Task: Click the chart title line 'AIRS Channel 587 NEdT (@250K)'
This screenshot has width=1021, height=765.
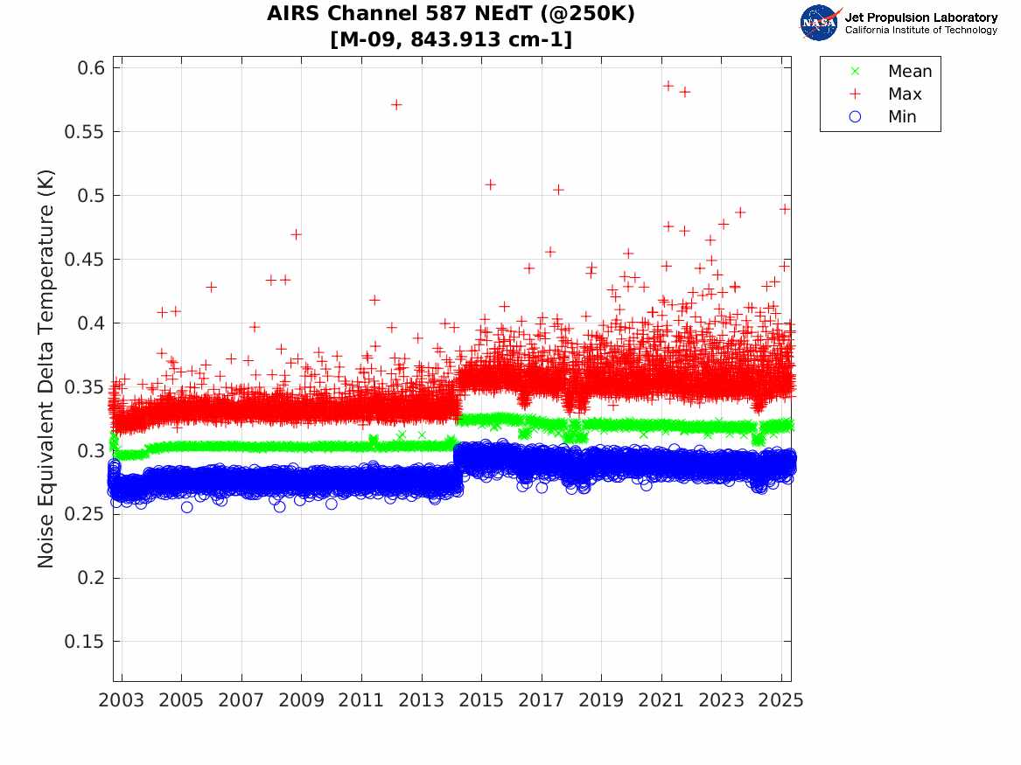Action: pos(451,14)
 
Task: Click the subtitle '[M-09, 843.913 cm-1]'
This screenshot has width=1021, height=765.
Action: pos(451,39)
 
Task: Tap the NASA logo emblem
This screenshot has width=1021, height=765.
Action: pos(819,22)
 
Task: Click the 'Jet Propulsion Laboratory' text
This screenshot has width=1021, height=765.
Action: pos(920,17)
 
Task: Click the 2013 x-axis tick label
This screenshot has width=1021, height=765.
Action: pos(422,700)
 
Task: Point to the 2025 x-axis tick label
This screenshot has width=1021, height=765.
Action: pos(781,700)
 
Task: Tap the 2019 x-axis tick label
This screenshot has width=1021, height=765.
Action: pos(601,700)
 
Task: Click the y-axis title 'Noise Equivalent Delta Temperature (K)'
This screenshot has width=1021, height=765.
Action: pos(45,369)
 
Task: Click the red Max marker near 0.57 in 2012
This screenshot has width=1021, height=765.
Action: pos(396,104)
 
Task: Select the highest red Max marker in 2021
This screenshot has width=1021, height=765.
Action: pos(668,86)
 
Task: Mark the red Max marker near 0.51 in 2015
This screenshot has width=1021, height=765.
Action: pos(491,184)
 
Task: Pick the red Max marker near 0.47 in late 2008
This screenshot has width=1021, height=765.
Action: pos(296,234)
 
